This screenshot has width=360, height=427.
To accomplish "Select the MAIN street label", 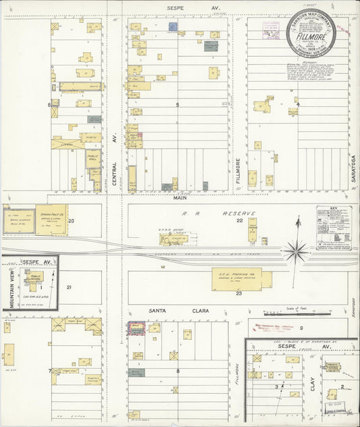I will pos(180,198).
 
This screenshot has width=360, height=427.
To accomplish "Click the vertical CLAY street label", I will pos(313,386).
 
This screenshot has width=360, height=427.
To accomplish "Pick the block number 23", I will pos(238,293).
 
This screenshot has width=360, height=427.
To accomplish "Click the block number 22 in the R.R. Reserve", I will pos(238,221).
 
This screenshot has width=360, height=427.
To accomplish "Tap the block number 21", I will pos(68,287).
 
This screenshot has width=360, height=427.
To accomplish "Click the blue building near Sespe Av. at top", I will pos(172,28).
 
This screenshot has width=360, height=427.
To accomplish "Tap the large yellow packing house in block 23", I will pos(236,277).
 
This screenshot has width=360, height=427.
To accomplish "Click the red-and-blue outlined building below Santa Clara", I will pos(135,328).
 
